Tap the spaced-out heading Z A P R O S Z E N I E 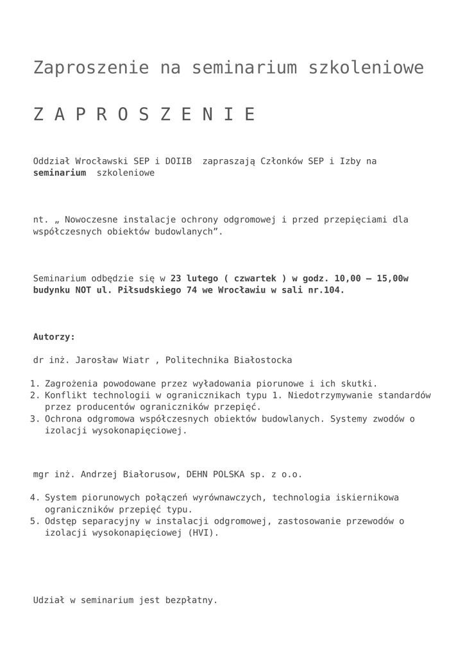click(x=144, y=114)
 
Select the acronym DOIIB click(x=178, y=161)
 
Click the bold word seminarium click(x=60, y=173)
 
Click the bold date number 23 click(x=176, y=278)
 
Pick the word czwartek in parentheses click(x=255, y=278)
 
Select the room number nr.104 click(x=326, y=290)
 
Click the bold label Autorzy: click(x=55, y=337)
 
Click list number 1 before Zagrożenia click(x=35, y=384)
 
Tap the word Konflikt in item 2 click(x=65, y=395)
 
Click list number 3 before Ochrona click(x=35, y=419)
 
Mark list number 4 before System click(x=35, y=497)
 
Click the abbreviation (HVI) click(x=205, y=533)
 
